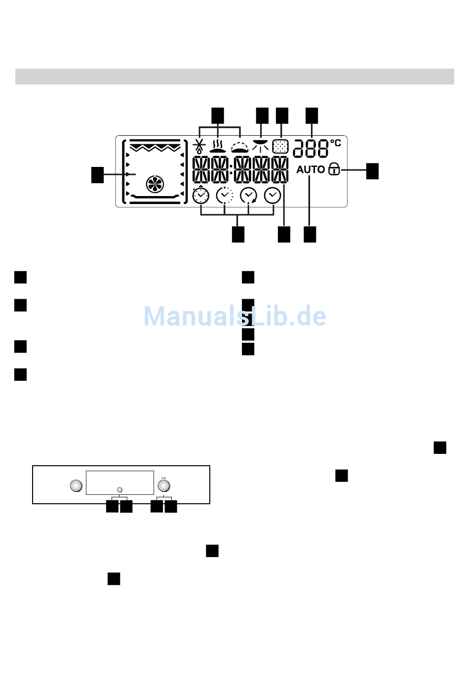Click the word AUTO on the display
[311, 169]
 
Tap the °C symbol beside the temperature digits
[336, 143]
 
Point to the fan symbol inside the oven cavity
[155, 184]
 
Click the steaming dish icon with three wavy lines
[218, 146]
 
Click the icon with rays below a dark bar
[260, 145]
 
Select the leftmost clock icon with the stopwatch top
[201, 196]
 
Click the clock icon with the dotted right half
[225, 196]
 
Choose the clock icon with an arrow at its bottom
[248, 196]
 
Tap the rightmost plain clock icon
[273, 196]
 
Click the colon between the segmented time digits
[231, 169]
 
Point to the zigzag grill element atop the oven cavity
[155, 147]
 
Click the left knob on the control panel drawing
[76, 485]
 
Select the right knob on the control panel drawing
[163, 485]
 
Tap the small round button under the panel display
[119, 489]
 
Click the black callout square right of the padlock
[372, 171]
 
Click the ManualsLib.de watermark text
[234, 317]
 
